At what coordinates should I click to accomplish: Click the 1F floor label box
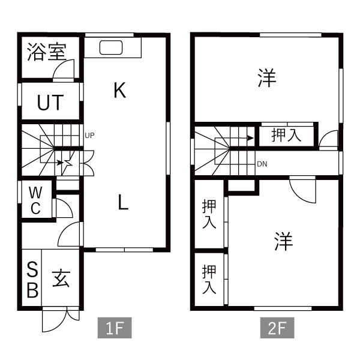(115, 328)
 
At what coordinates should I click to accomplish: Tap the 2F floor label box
(277, 328)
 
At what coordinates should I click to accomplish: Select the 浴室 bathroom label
(47, 52)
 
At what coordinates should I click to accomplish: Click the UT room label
(50, 103)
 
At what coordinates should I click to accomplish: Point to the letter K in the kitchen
(120, 91)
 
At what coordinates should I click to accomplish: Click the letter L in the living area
(123, 202)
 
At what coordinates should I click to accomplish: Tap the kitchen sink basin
(111, 47)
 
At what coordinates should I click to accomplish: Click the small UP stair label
(89, 136)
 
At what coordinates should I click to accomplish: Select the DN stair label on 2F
(262, 164)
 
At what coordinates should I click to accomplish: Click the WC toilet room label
(35, 200)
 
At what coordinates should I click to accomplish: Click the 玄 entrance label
(61, 278)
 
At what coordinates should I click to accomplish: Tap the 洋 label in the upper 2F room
(267, 78)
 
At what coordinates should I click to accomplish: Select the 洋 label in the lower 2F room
(284, 241)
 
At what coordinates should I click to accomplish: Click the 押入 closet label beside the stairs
(286, 135)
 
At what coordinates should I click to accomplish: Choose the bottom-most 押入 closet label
(209, 280)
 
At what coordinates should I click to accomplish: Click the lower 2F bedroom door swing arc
(298, 197)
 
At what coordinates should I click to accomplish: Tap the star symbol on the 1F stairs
(67, 163)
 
